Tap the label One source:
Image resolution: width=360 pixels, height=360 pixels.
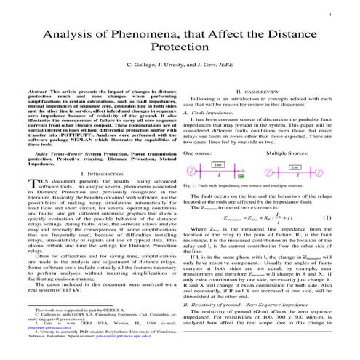[x=197, y=153]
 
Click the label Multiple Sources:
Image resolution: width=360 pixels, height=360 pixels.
[x=285, y=153]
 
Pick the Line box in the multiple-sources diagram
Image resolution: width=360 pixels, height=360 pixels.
[x=294, y=167]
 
